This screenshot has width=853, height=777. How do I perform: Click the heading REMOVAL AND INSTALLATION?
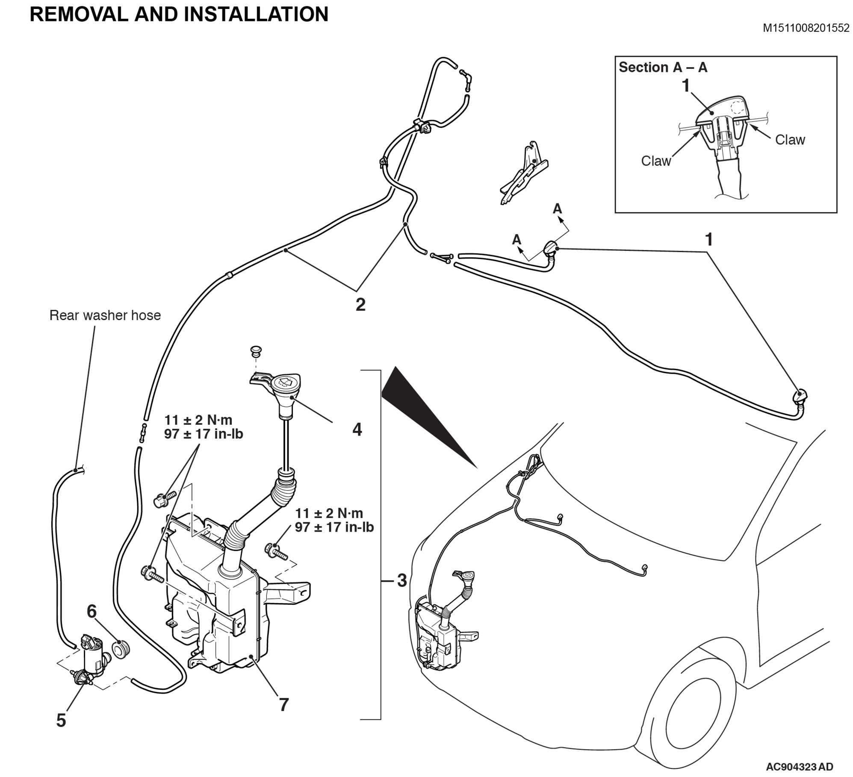click(179, 14)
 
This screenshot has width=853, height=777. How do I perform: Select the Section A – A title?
click(663, 67)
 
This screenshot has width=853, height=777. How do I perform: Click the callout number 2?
click(360, 305)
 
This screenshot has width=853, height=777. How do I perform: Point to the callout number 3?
click(402, 580)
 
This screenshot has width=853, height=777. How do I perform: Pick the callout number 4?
click(357, 430)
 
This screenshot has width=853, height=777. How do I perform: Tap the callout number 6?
click(91, 612)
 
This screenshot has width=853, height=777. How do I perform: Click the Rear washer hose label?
click(105, 315)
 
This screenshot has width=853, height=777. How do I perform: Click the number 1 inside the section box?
click(686, 86)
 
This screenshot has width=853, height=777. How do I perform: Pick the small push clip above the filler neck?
click(256, 351)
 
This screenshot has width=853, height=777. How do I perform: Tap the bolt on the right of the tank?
click(277, 551)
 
